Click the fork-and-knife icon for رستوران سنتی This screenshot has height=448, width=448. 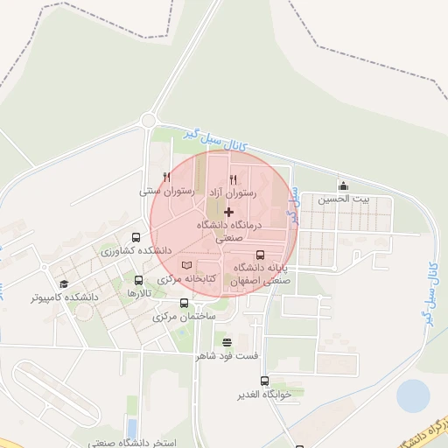166,177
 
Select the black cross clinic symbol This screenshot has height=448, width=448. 229,212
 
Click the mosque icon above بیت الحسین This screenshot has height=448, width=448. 343,185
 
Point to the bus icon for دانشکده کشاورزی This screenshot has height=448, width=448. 135,237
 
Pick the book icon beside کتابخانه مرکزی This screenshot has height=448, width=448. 185,265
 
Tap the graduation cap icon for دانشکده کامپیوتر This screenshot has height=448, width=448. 63,283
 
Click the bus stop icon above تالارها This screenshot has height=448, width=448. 139,280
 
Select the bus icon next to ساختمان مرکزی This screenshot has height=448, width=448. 183,304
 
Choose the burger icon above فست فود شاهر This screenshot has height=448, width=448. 227,342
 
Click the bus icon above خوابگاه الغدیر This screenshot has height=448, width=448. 264,381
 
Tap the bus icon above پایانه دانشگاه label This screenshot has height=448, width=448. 260,254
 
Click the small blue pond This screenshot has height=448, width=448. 413,396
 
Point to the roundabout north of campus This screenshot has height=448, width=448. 150,121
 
